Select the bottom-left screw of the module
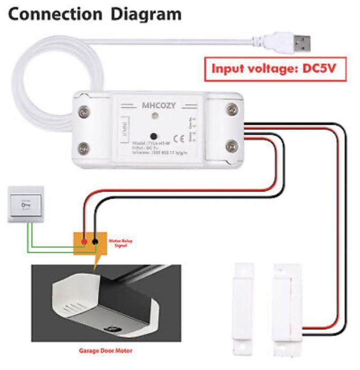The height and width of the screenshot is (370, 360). pyautogui.click(x=84, y=147)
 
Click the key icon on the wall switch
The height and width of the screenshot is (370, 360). pyautogui.click(x=25, y=205)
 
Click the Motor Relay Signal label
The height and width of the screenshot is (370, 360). pyautogui.click(x=121, y=244)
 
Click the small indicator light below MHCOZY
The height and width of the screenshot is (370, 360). pyautogui.click(x=155, y=116)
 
